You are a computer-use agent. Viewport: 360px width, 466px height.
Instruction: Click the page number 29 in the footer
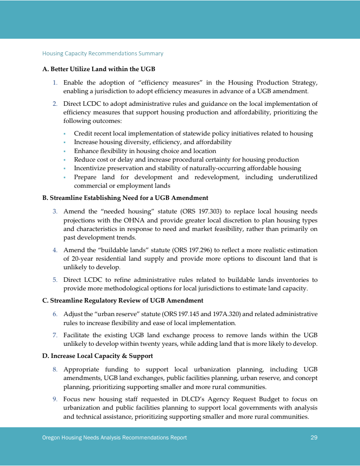coord(314,437)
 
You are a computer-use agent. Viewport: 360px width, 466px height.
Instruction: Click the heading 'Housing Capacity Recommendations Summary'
coord(103,54)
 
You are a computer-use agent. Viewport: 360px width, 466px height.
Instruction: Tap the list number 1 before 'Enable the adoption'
coord(55,83)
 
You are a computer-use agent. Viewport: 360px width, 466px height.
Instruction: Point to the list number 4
coord(55,250)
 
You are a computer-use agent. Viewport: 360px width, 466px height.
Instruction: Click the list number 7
coord(55,335)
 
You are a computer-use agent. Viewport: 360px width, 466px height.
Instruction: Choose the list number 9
coord(55,399)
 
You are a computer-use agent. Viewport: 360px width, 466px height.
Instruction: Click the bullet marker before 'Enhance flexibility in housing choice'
coord(65,151)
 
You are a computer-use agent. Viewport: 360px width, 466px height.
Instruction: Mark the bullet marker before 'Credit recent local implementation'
coord(65,134)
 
